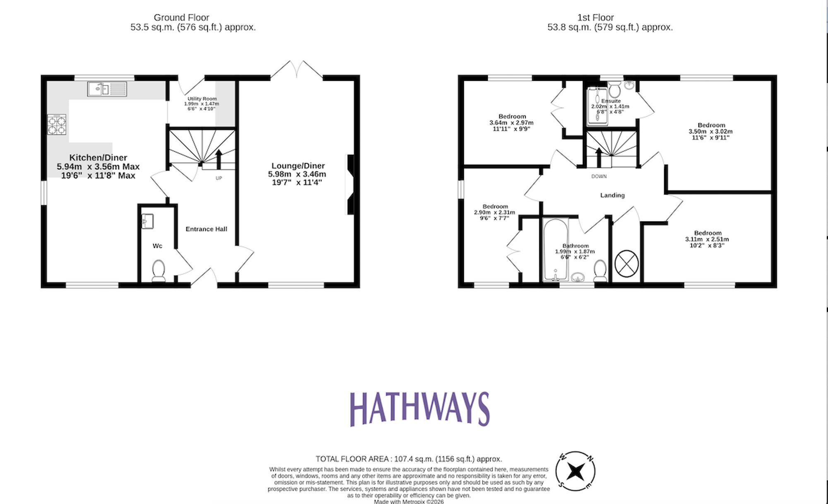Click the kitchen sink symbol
coord(107,89)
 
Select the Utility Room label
coord(202,99)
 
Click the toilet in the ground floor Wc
coord(159,270)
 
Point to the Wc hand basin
coord(147,221)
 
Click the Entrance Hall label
coord(206,229)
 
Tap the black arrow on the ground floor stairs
coord(219,159)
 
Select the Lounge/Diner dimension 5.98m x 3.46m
coord(297,174)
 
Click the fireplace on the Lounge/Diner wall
coord(350,185)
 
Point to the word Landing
coord(612,195)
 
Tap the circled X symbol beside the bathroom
coord(626,263)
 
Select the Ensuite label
coord(611,101)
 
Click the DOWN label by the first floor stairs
coord(599,176)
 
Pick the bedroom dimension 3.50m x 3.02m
coord(710,132)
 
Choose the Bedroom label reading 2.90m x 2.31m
coord(495,207)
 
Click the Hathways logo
coord(420,409)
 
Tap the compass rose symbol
coord(575,471)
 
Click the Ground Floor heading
coord(181,18)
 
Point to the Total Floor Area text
coord(409,459)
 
